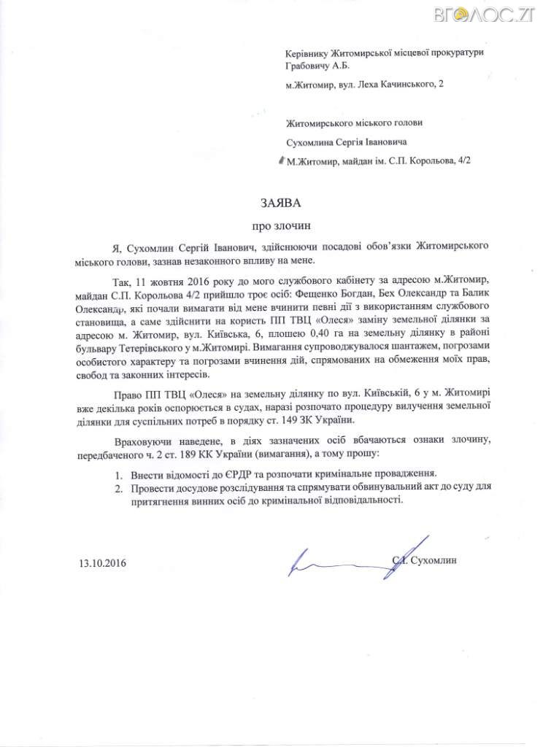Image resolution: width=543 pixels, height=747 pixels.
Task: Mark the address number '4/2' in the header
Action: (x=461, y=160)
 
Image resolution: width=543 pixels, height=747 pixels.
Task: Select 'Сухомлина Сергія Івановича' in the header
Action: (x=347, y=142)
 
